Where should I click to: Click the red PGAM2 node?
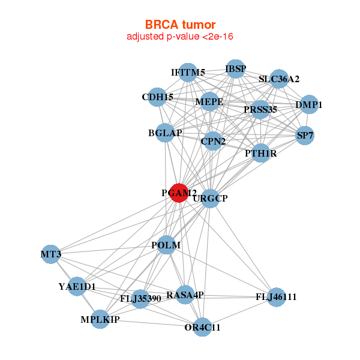tap(179, 193)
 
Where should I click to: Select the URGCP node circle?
tap(210, 199)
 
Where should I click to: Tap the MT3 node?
tap(51, 254)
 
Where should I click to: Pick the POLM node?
tap(166, 245)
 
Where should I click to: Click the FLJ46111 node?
tap(276, 297)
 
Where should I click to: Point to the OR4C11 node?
tap(202, 327)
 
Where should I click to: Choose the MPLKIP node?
tap(100, 319)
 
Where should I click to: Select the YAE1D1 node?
tap(77, 286)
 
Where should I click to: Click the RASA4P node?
tap(185, 295)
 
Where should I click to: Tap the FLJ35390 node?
tap(140, 299)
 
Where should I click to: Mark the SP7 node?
tap(305, 136)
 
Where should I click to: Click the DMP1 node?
tap(309, 104)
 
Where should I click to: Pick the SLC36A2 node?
tap(279, 79)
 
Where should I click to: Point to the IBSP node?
tap(236, 68)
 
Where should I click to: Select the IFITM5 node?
tap(188, 73)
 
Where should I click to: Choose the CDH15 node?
tap(157, 97)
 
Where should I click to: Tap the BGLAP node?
tap(165, 133)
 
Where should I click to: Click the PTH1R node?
tap(261, 153)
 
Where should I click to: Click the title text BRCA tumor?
tap(180, 25)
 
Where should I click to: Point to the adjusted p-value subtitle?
tap(180, 37)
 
